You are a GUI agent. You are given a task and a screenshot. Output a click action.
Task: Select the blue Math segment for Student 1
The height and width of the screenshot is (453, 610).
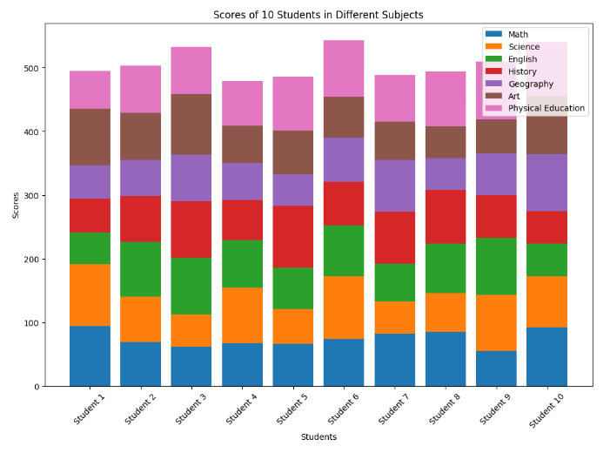90,355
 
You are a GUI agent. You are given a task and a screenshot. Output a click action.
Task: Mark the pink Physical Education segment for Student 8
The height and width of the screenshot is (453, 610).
446,98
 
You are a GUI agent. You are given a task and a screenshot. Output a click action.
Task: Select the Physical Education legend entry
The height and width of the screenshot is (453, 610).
546,109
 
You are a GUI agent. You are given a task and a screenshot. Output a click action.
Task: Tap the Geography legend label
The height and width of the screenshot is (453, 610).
531,84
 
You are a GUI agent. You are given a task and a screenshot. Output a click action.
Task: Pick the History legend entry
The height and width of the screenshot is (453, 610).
523,71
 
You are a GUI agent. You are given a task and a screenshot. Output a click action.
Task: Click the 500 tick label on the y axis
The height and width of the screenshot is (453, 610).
33,69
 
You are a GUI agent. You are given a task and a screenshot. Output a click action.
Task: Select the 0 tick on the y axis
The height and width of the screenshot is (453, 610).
38,387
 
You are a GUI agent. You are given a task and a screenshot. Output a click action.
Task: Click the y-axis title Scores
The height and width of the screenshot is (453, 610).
15,206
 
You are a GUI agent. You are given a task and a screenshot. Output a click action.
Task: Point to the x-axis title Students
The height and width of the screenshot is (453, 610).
318,436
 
